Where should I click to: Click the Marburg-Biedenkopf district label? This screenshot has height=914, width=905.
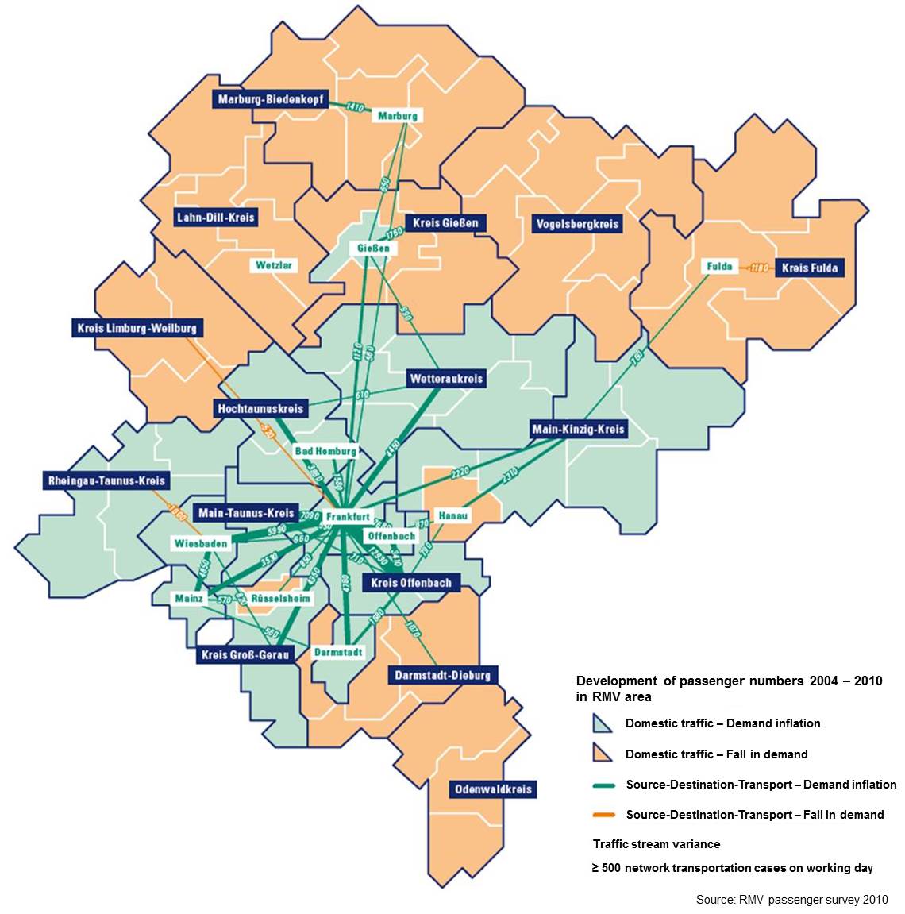(269, 100)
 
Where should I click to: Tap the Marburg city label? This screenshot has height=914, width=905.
(397, 116)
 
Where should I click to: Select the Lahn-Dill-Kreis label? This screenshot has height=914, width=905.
(215, 217)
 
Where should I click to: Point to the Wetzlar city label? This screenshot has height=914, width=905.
(274, 265)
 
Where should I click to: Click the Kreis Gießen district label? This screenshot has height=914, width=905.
(445, 223)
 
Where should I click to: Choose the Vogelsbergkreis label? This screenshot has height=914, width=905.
(577, 224)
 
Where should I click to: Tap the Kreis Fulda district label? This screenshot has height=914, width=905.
(809, 268)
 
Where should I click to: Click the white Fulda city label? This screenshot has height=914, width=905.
(719, 266)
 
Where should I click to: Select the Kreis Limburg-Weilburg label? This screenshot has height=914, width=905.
(137, 327)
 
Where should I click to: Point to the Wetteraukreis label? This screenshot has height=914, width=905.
(446, 379)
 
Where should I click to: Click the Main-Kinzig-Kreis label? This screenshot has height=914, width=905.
(578, 430)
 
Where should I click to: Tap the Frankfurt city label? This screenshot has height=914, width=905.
(348, 516)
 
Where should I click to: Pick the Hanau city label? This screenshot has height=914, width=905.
(453, 515)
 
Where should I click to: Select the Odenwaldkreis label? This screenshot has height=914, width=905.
(492, 789)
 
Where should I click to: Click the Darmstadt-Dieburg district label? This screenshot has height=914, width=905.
(442, 676)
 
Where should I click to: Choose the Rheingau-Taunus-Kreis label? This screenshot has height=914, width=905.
(106, 480)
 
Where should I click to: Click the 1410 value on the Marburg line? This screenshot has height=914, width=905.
(355, 107)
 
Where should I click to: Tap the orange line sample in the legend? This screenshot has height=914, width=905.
(604, 815)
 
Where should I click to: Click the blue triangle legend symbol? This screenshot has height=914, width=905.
(603, 723)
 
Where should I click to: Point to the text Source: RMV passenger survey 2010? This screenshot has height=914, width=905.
(791, 900)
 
